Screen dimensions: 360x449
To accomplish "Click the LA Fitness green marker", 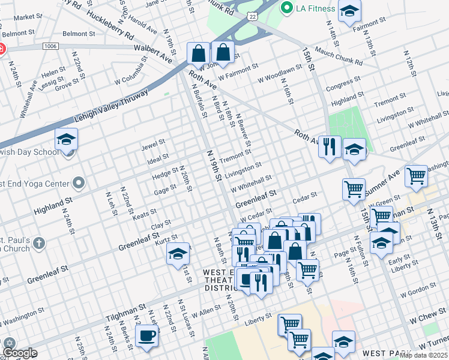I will [286, 8].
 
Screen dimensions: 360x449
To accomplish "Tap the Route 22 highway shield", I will [253, 17].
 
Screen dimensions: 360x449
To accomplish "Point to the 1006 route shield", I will [50, 46].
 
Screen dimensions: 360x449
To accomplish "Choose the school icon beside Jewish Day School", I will [66, 140].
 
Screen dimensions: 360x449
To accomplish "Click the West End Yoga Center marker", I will [79, 182].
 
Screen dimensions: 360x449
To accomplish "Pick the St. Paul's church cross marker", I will [38, 243].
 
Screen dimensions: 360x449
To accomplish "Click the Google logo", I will [19, 353].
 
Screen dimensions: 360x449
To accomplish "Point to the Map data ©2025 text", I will [424, 355].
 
